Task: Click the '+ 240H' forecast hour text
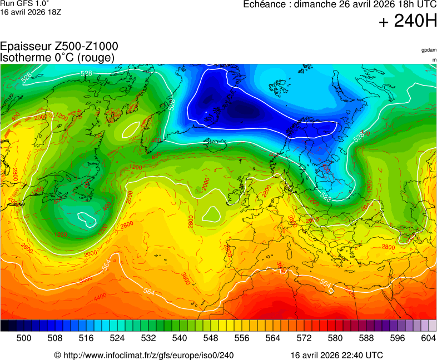tap(408, 22)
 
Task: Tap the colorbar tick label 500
tap(24, 338)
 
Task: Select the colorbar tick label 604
tap(428, 338)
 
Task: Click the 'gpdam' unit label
tap(429, 50)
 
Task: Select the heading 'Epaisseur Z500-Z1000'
tap(59, 47)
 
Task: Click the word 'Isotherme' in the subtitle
tap(23, 57)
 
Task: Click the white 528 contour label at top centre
tap(87, 73)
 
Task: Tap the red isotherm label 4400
tap(100, 297)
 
